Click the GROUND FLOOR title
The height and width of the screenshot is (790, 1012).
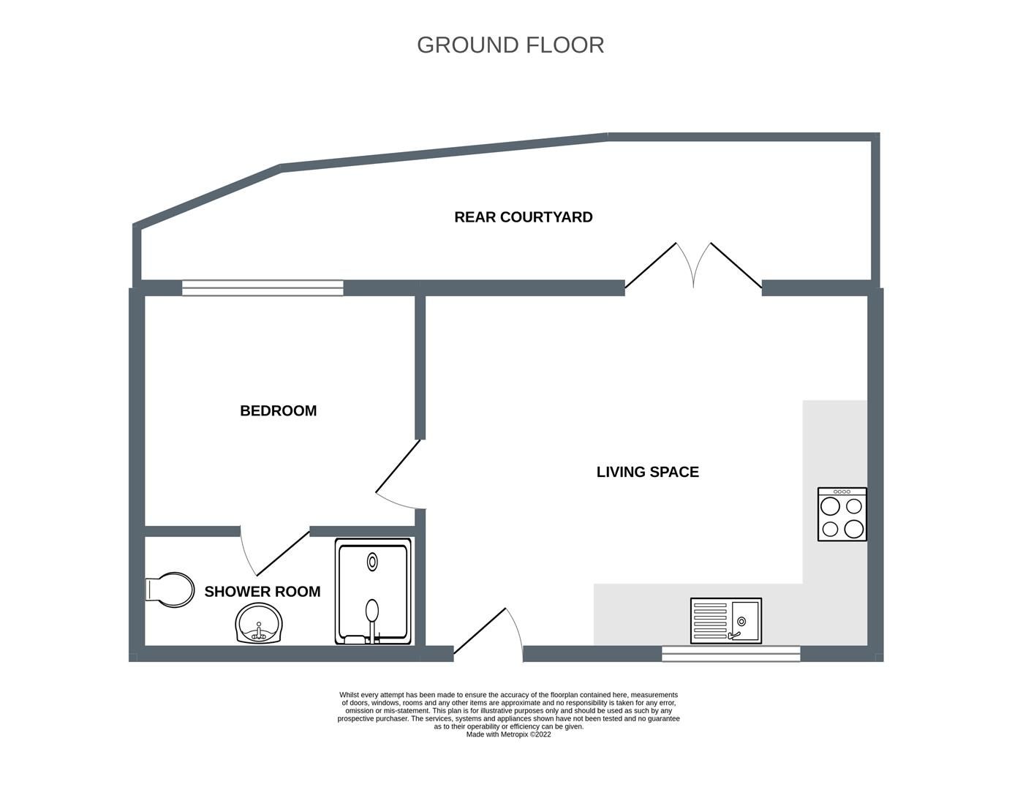[x=510, y=45]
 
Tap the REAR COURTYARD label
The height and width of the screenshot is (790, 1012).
[x=523, y=217]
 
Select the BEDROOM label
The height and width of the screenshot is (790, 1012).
[x=278, y=411]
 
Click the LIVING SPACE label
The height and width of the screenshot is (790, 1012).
[x=647, y=473]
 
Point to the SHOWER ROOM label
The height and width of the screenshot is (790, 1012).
[x=262, y=592]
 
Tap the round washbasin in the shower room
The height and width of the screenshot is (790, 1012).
[x=259, y=624]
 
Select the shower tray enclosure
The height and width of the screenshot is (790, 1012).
[x=373, y=592]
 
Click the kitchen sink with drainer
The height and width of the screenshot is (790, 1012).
[x=725, y=621]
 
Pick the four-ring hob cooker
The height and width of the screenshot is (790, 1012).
[x=842, y=514]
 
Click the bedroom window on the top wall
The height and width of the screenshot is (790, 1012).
[x=263, y=288]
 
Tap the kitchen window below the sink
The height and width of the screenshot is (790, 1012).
[x=730, y=654]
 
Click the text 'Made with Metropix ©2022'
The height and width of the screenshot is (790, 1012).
[x=508, y=734]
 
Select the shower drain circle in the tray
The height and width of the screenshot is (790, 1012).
[x=373, y=562]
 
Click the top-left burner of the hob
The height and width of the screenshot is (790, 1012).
[x=831, y=506]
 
